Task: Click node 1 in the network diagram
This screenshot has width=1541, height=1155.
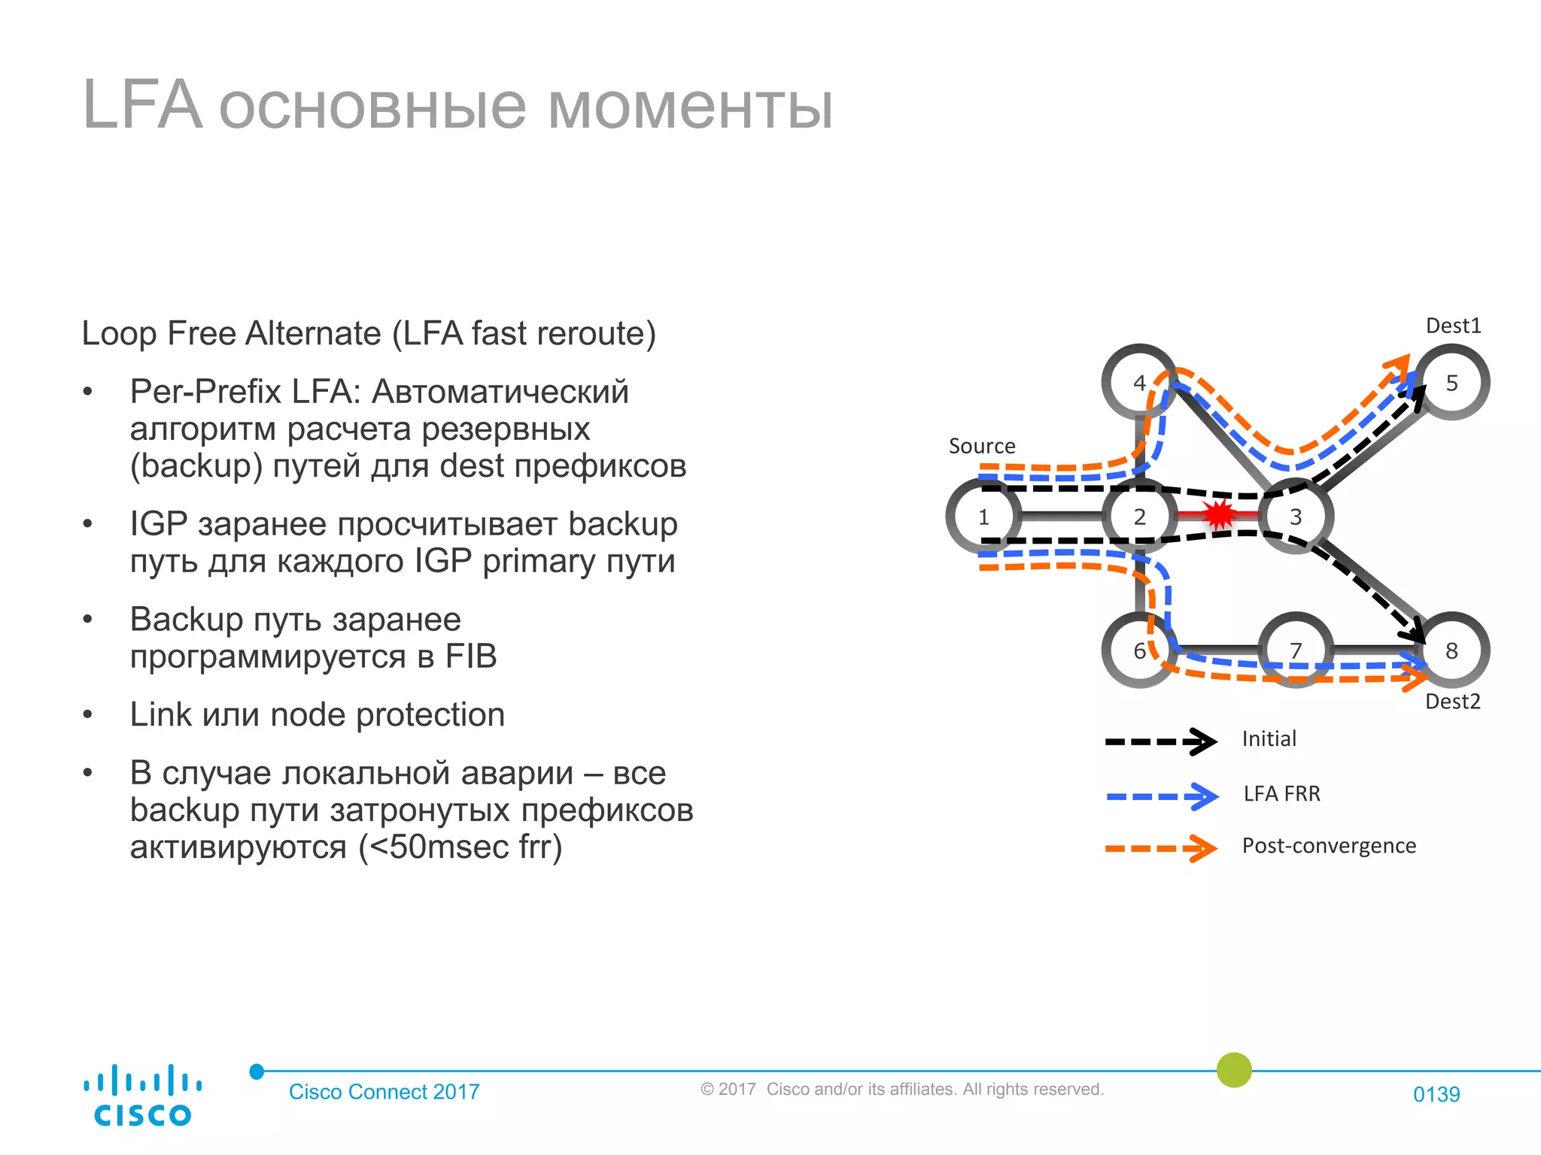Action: tap(983, 517)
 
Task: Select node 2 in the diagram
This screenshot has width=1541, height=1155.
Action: tap(1139, 517)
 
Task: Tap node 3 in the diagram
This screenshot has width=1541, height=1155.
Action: tap(1296, 517)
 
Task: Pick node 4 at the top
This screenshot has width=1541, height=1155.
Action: tap(1139, 383)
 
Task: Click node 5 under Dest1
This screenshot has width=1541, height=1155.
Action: tap(1451, 383)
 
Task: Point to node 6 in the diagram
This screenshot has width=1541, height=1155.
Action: tap(1139, 650)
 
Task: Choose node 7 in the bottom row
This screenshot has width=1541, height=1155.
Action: tap(1296, 650)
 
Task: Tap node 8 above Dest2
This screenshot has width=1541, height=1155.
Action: tap(1451, 650)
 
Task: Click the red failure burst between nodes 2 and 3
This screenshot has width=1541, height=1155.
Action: tap(1218, 515)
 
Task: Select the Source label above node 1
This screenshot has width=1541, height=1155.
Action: tap(982, 446)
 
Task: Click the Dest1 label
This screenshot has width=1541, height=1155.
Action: tap(1453, 326)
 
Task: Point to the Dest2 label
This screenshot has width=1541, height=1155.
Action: tap(1452, 702)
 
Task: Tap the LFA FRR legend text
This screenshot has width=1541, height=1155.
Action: tap(1281, 793)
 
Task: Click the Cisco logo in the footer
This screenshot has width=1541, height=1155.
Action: tap(142, 1095)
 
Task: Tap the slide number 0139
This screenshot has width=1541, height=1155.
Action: tap(1436, 1094)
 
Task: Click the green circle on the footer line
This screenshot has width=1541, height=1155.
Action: tap(1234, 1069)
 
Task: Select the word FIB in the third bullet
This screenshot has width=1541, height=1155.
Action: tap(470, 656)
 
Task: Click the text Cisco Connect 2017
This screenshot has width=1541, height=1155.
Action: tap(384, 1092)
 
